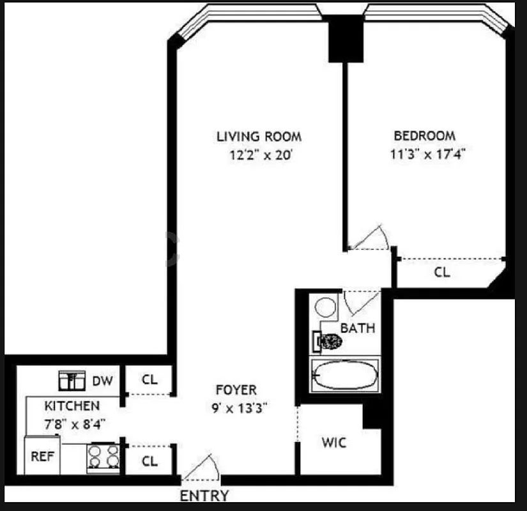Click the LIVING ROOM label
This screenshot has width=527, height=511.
point(259,136)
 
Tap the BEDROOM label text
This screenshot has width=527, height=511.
point(425,135)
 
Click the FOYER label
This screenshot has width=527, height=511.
point(236,390)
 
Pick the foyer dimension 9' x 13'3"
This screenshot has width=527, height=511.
point(236,407)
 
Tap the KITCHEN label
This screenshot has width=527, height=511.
point(72,406)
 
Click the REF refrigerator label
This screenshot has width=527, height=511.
point(42,457)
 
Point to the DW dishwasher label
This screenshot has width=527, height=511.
point(102,381)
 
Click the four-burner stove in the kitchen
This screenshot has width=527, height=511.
point(103,458)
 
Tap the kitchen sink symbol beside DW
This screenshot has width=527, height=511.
point(72,381)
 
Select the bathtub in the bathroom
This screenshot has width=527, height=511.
point(344,376)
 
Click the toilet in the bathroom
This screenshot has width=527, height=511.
point(327,341)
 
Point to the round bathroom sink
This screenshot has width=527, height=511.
point(326,307)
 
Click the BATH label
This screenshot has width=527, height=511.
point(358,328)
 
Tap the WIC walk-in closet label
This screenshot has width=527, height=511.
point(333,443)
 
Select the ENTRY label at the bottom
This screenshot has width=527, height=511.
point(204,496)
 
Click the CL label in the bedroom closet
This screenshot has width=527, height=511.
point(442,272)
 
